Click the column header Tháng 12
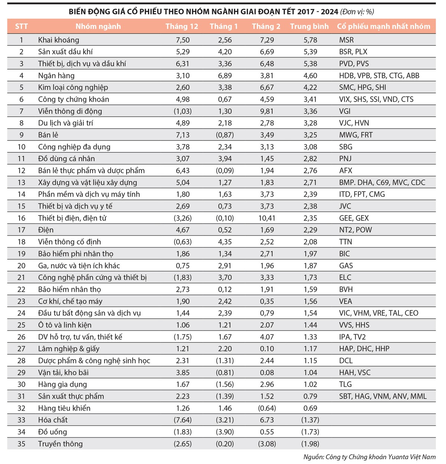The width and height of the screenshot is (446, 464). coord(182,26)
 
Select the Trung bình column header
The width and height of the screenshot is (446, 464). coord(309,26)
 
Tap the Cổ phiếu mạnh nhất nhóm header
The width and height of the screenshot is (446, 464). coord(383,26)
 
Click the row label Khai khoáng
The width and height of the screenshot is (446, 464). coord(58,40)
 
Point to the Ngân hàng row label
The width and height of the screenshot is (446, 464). coord(56,75)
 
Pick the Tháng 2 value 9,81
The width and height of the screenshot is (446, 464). coord(267,111)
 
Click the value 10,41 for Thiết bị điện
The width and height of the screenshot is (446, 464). coord(267,218)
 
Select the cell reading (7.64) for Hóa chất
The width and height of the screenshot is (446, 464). coord(182,420)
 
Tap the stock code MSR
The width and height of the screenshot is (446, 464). coord(346,40)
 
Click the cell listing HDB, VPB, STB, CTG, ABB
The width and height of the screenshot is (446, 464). coord(379,75)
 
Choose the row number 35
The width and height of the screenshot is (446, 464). coord(22,444)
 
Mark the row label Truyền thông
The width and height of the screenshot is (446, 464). coord(60,444)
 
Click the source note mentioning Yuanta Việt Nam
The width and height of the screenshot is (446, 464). coord(369,457)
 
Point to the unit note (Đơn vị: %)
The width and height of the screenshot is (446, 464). coord(357,12)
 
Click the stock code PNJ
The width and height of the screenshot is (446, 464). coord(345,159)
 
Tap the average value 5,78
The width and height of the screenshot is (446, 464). coord(310,40)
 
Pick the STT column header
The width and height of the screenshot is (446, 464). coord(22,26)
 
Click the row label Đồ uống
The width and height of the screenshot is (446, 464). coord(52,432)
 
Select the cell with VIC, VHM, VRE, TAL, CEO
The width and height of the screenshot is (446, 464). coord(378,313)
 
